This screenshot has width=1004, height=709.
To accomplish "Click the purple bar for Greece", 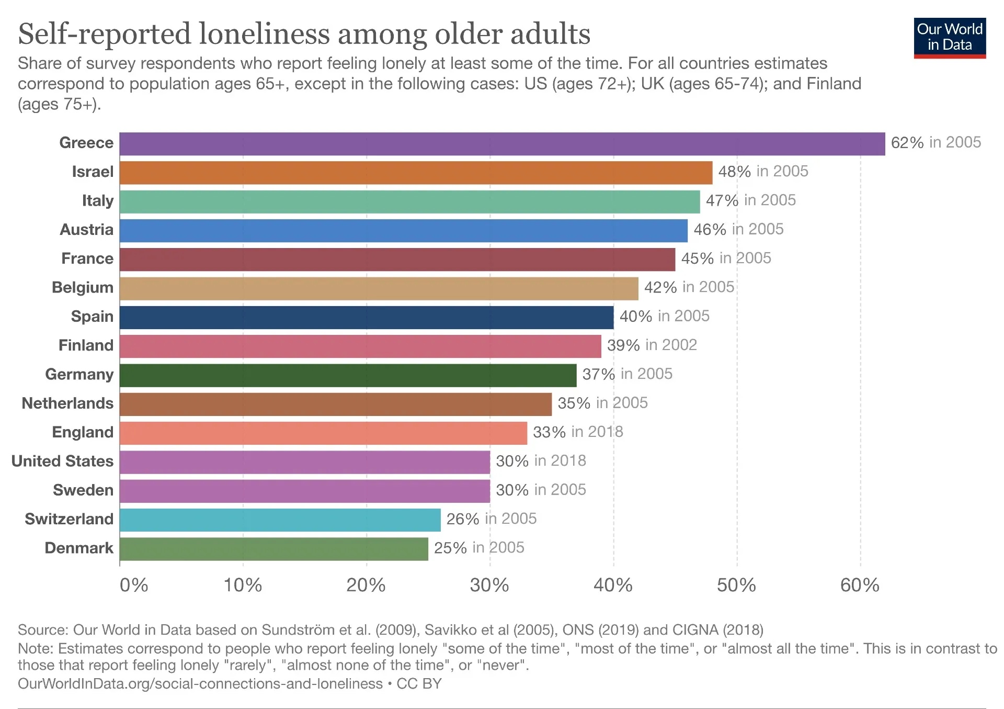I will click(502, 144).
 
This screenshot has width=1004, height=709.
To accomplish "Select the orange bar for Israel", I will click(416, 173).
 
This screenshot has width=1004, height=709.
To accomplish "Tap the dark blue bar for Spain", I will click(366, 317).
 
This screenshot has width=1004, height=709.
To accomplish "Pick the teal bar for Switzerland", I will click(280, 520).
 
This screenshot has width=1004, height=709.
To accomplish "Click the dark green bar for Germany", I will click(348, 375).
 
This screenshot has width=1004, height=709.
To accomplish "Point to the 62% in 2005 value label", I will click(935, 142).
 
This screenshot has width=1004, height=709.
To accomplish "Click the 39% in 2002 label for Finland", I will click(652, 345).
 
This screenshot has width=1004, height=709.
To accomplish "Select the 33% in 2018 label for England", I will click(578, 432).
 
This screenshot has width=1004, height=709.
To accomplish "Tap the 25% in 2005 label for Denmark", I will click(479, 548).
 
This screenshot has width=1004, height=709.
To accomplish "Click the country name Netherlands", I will click(67, 403).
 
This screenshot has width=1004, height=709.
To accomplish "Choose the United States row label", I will click(62, 461).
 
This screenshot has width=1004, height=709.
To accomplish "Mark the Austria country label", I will click(86, 230).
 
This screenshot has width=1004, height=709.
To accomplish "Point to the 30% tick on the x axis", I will click(489, 585).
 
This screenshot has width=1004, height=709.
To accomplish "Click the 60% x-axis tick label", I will click(860, 585).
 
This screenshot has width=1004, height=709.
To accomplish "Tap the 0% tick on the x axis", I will click(134, 585).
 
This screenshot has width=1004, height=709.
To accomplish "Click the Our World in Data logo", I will click(950, 38).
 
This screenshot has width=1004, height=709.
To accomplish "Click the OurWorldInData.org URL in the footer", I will click(200, 684).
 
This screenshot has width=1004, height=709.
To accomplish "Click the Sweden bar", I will click(304, 491).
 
